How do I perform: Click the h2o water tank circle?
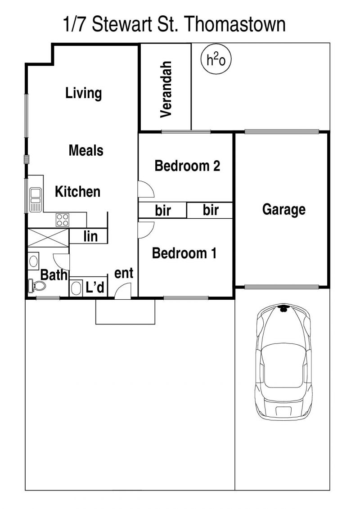(216, 60)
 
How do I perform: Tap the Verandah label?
(166, 89)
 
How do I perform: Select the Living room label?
(84, 94)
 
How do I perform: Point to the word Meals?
(86, 151)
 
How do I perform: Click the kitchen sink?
(36, 200)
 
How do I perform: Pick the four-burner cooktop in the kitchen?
(63, 220)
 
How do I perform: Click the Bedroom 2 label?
(187, 166)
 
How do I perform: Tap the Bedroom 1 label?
(184, 253)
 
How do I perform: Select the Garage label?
(283, 210)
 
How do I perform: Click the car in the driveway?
(283, 362)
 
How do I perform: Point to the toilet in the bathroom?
(37, 286)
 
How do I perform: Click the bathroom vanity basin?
(33, 261)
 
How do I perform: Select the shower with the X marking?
(48, 238)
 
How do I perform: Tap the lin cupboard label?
(90, 236)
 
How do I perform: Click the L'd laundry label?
(95, 287)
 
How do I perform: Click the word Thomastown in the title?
(236, 24)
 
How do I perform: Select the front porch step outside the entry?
(125, 311)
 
